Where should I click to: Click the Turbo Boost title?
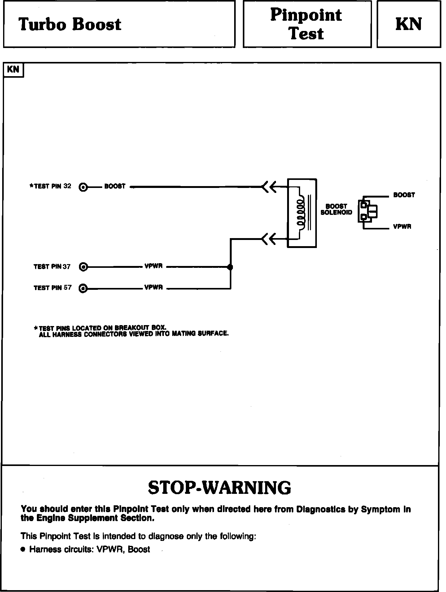[70, 24]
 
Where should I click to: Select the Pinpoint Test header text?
[306, 24]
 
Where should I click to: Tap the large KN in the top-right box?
[409, 24]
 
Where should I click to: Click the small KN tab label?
[13, 69]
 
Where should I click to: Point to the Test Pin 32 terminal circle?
[83, 187]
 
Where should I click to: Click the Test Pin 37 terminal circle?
[83, 267]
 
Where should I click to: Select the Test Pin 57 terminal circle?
[83, 288]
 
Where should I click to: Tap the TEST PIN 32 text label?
[50, 186]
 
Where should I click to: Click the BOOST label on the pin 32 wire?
[115, 186]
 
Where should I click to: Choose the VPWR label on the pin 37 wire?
[154, 266]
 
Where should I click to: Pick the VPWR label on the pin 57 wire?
[154, 288]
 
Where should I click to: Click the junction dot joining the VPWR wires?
[230, 267]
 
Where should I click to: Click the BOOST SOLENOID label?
[336, 209]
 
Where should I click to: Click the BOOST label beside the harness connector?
[404, 195]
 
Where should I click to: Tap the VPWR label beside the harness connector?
[402, 227]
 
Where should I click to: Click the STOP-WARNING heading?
[220, 488]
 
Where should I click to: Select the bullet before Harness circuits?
[23, 550]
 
